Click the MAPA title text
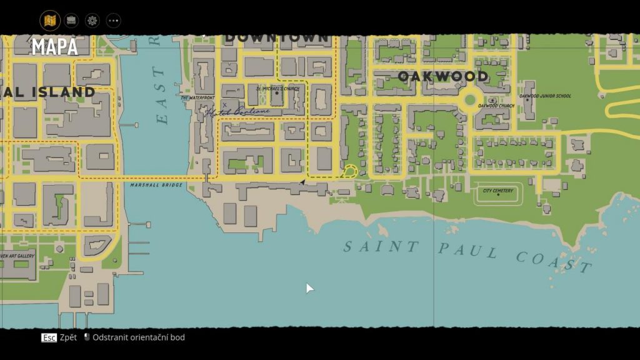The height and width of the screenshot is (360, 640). [55, 47]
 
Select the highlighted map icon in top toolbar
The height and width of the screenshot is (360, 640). [50, 21]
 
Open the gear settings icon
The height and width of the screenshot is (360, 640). [92, 21]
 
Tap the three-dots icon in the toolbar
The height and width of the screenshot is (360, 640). [113, 21]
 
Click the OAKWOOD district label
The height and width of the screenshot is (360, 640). [443, 76]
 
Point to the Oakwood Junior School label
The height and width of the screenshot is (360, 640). [546, 96]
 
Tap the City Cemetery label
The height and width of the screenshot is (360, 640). [498, 191]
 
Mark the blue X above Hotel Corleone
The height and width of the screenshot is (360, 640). [224, 104]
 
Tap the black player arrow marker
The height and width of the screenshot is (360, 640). [302, 182]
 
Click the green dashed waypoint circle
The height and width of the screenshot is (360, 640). [350, 171]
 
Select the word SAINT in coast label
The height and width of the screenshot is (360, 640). [373, 246]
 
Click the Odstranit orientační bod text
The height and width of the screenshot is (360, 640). [139, 337]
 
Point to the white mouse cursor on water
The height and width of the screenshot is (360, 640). [309, 287]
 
